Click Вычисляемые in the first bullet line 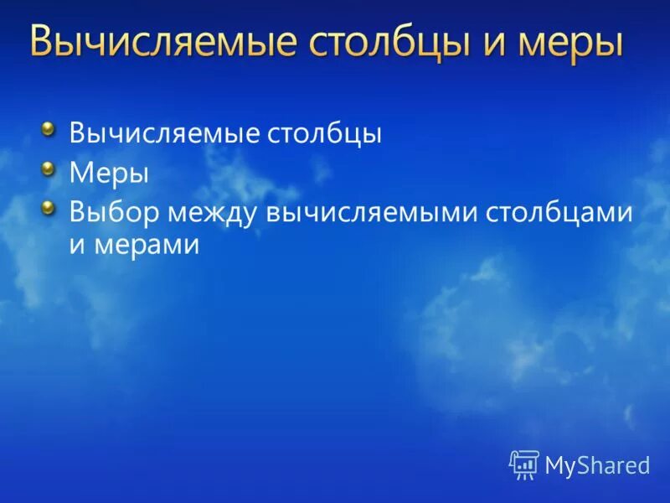pos(166,134)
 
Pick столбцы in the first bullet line pos(327,134)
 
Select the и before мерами pos(78,245)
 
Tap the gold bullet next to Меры pos(49,169)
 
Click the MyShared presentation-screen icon pos(524,464)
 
